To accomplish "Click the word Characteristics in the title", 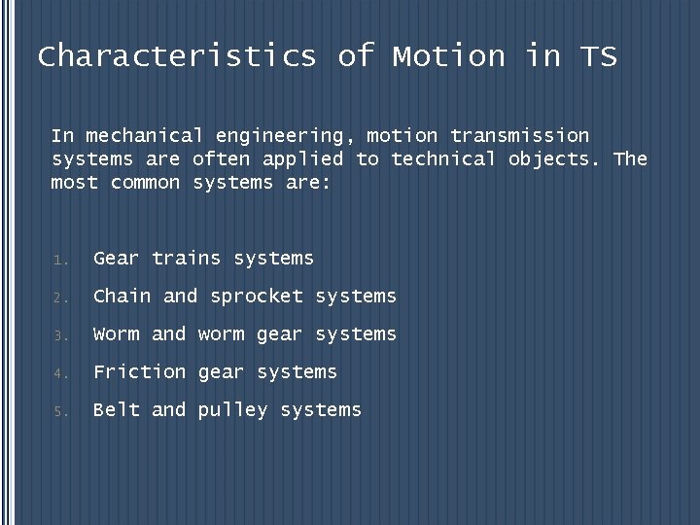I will click(x=177, y=56).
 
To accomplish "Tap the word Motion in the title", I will click(x=449, y=56).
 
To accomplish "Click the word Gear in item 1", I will click(x=117, y=258).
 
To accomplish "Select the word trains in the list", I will click(x=187, y=258).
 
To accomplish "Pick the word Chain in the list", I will click(x=122, y=296).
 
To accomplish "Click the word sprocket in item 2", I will click(x=257, y=297).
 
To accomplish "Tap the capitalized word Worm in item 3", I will click(x=117, y=333).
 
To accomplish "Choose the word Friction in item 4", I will click(x=140, y=371).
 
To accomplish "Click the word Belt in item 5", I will click(x=117, y=409).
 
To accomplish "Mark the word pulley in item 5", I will click(x=233, y=410).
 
